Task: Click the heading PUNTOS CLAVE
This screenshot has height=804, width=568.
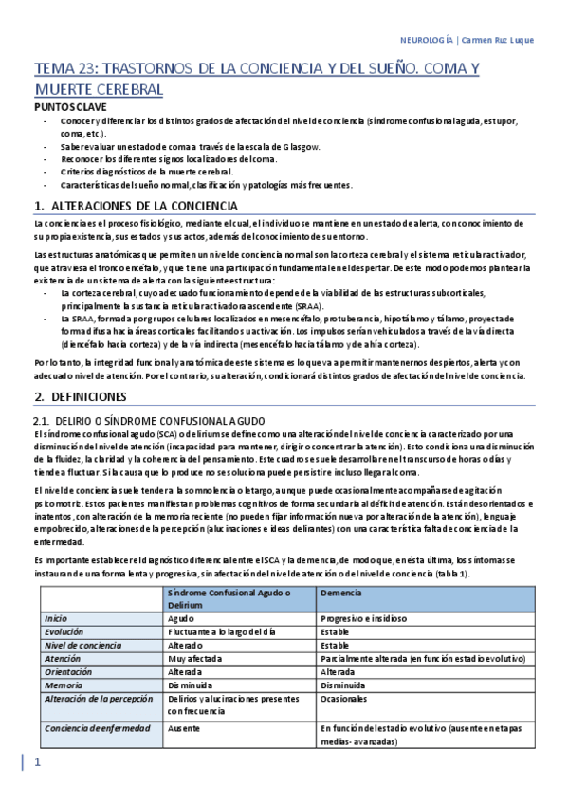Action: (65, 108)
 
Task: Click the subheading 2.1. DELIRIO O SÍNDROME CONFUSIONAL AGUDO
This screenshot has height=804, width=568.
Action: (149, 419)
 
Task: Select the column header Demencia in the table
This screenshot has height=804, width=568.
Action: (342, 592)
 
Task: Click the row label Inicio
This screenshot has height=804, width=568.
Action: (56, 617)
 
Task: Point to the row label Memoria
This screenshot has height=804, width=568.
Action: (64, 684)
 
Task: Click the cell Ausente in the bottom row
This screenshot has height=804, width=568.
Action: (184, 728)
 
